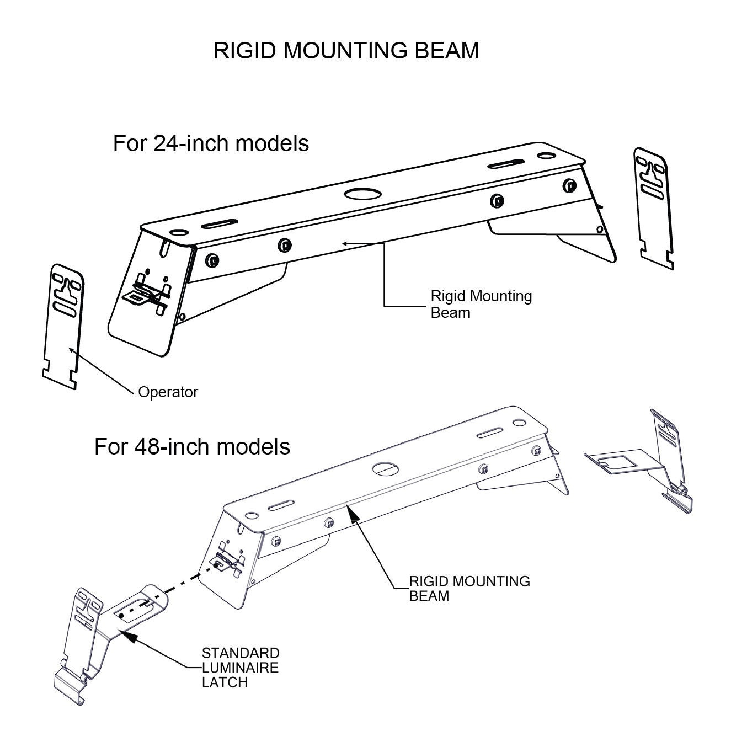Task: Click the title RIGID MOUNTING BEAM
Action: point(346,51)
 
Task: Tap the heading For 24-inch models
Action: point(211,143)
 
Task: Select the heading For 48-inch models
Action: point(192,446)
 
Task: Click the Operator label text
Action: point(168,392)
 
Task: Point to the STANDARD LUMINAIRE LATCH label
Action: point(240,668)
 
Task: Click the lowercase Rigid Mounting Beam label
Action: point(481,304)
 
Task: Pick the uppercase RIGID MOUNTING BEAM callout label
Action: point(469,588)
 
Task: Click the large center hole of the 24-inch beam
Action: point(362,194)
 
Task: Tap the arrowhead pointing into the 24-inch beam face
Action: point(344,243)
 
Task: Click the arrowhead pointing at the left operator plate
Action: point(70,349)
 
